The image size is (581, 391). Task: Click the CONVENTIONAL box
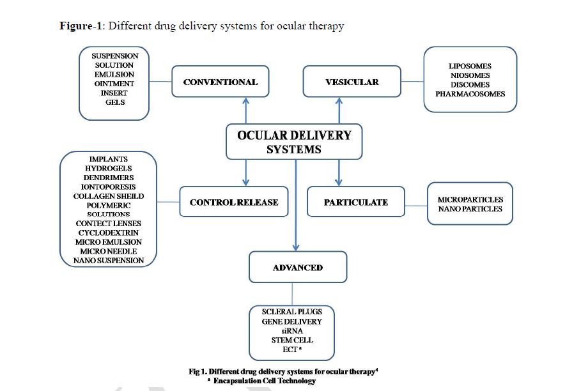click(x=221, y=82)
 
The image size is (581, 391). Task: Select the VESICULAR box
click(x=352, y=82)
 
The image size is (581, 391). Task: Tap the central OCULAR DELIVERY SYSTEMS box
click(x=294, y=142)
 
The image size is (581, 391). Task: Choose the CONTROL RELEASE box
click(x=234, y=202)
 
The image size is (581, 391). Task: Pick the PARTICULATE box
click(x=356, y=202)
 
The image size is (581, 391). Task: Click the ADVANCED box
click(x=298, y=267)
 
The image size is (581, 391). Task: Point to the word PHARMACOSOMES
click(x=470, y=94)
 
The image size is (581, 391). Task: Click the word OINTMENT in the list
click(x=114, y=84)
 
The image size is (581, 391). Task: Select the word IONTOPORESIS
click(x=108, y=187)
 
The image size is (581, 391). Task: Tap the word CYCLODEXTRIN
click(x=109, y=233)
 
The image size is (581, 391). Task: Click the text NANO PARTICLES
click(x=470, y=209)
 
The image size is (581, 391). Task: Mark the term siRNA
click(x=292, y=331)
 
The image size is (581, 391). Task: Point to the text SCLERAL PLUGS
click(x=292, y=312)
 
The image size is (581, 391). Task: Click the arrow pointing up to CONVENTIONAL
click(x=245, y=111)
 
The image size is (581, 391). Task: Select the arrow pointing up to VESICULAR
click(x=339, y=111)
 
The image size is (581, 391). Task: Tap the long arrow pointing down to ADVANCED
click(x=296, y=206)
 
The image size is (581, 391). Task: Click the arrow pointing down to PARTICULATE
click(x=338, y=173)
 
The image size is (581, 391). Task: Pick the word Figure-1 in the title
click(x=81, y=26)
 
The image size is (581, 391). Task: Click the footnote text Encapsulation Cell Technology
click(x=265, y=381)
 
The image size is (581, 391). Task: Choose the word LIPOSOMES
click(x=470, y=66)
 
